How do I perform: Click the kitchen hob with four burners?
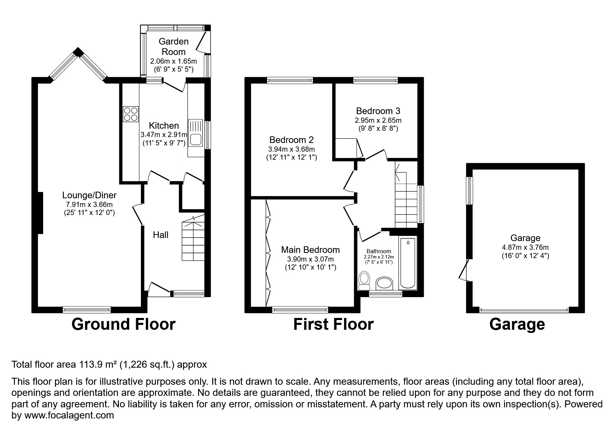tap(131, 114)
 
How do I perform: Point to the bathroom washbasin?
tap(384, 284)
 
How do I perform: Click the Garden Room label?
tap(174, 47)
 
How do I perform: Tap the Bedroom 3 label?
tap(378, 111)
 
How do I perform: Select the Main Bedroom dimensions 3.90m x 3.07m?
tap(310, 259)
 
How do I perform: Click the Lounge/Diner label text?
tap(89, 195)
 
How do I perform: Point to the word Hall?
tap(161, 235)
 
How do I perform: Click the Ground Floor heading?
tap(123, 324)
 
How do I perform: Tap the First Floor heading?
tap(333, 324)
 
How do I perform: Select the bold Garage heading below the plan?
tap(517, 325)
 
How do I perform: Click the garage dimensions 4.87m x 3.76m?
tap(525, 248)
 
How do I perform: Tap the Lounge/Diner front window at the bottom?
tap(87, 309)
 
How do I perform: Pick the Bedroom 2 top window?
tap(290, 80)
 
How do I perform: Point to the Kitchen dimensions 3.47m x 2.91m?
tap(164, 135)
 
